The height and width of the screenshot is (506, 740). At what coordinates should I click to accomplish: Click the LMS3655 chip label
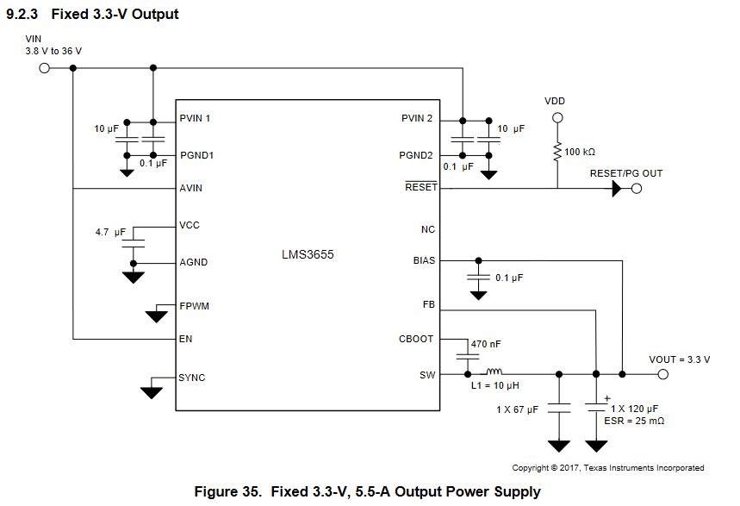click(308, 255)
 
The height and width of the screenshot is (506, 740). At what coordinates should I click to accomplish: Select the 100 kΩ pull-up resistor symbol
click(557, 151)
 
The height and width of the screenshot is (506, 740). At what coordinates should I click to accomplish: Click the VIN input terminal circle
click(46, 68)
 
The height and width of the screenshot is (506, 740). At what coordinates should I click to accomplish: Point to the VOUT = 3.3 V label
click(679, 359)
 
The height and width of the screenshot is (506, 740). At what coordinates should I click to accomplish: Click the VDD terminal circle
click(557, 117)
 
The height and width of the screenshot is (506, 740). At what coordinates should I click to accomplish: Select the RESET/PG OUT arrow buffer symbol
click(618, 189)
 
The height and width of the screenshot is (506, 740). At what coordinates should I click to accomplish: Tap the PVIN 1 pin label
click(196, 118)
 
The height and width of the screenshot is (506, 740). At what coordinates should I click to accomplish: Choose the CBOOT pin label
click(416, 339)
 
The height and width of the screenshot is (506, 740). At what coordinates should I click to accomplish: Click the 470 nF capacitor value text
click(486, 344)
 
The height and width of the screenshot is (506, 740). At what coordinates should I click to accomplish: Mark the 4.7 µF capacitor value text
click(111, 233)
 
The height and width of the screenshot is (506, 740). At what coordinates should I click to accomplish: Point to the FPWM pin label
click(194, 306)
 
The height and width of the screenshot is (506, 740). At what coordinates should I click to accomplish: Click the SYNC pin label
click(192, 378)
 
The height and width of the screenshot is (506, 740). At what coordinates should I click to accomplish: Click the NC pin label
click(428, 230)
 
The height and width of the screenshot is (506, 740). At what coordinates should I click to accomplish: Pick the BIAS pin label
click(424, 260)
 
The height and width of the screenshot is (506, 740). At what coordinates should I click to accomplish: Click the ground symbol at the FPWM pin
click(156, 315)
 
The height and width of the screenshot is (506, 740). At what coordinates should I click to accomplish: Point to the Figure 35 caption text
click(368, 492)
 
